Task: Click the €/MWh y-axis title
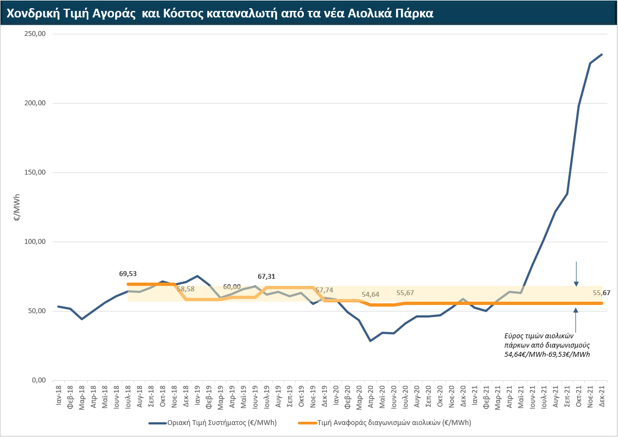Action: tap(16, 207)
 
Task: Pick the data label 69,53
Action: tap(128, 274)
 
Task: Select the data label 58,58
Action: tap(185, 289)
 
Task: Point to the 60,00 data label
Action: tap(232, 287)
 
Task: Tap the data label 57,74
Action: tap(325, 290)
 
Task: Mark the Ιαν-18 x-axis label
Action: tap(58, 394)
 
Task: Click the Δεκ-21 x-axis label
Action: tap(602, 394)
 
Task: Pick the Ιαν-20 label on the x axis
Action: tap(336, 394)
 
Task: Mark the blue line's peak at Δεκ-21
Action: tap(602, 54)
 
